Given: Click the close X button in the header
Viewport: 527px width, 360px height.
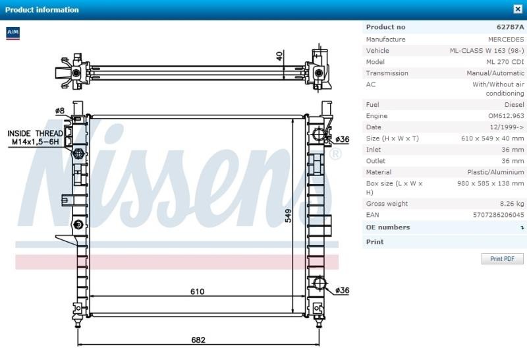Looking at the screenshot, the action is [x=518, y=9].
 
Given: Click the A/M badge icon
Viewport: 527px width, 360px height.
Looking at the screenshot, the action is [x=13, y=33].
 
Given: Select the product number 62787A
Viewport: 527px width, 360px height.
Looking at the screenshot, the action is [x=510, y=27].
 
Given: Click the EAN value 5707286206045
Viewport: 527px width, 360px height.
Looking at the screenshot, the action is [x=498, y=215].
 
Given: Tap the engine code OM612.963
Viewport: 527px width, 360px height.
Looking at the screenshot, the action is [x=506, y=116].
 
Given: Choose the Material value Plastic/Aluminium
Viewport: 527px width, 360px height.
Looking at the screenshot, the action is [x=495, y=172].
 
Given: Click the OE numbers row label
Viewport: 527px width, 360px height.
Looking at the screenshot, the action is [x=388, y=227].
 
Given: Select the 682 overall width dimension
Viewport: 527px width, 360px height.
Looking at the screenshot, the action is [x=198, y=340].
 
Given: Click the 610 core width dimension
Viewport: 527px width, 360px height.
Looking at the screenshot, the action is [x=197, y=291].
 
